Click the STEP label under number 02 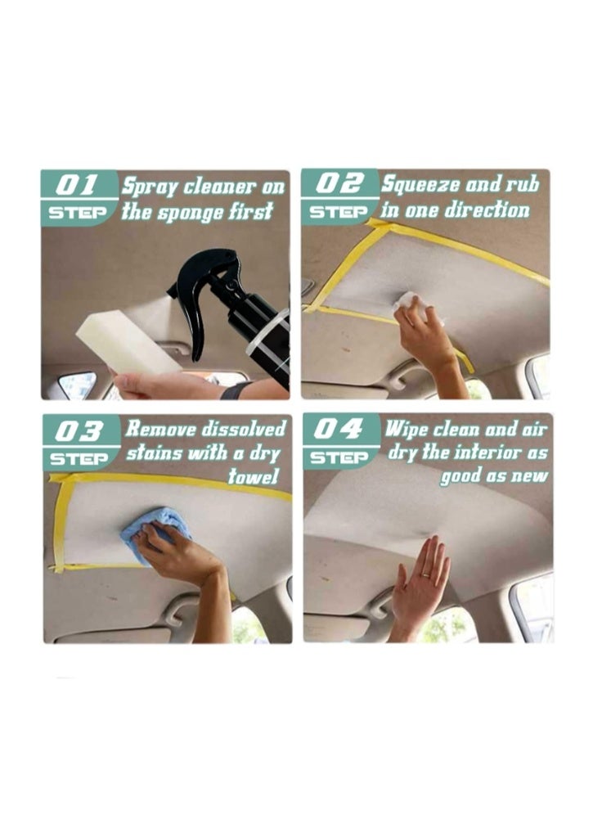point(337,211)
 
